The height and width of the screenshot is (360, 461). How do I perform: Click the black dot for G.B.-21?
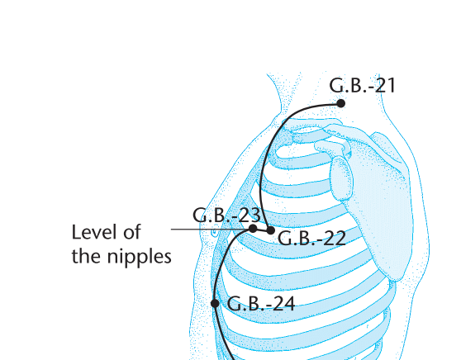tap(340, 103)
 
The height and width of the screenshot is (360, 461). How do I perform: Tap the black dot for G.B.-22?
tap(271, 230)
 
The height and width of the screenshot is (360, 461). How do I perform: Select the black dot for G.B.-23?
tap(253, 229)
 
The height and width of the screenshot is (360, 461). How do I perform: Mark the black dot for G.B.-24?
tap(215, 303)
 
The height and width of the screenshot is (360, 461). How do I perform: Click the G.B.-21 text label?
tap(362, 86)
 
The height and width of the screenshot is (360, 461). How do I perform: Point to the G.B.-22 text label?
tap(312, 239)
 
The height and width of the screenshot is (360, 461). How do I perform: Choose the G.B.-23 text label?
tap(226, 215)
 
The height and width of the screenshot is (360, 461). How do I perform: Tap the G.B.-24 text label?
tap(261, 304)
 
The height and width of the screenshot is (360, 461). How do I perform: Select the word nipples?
tap(139, 257)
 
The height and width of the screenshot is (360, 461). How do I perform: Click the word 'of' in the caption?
tap(131, 232)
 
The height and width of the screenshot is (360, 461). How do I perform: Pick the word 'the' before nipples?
tap(87, 256)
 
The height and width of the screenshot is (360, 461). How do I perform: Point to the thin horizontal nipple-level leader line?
tap(210, 230)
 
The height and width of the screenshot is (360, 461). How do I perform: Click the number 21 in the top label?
tap(385, 86)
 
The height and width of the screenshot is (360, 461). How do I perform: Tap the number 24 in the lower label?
tap(283, 304)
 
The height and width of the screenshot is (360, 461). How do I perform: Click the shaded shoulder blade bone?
tap(373, 200)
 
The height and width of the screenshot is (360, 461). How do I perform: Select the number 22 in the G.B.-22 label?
tap(335, 239)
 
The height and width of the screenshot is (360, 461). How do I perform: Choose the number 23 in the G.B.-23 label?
tap(250, 215)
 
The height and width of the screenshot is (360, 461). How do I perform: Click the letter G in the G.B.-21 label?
tap(335, 86)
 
